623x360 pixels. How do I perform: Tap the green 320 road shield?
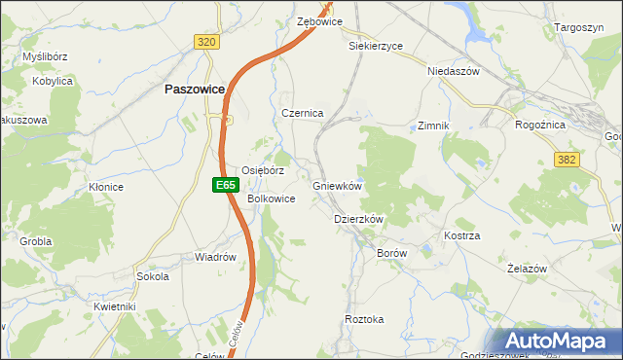(205, 42)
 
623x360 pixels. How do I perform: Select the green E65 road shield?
(225, 184)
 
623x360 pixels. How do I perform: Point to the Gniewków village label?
(338, 186)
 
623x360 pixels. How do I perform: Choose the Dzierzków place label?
(359, 220)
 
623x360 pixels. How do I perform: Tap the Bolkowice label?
(272, 198)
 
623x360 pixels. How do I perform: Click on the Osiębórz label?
(263, 169)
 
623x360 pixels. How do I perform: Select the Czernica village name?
(302, 113)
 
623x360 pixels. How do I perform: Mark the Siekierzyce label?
(376, 45)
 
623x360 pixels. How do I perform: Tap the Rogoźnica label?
(543, 124)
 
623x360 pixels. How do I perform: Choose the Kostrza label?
(462, 236)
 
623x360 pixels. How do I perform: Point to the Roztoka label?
(365, 319)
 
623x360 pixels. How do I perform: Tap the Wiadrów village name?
(216, 258)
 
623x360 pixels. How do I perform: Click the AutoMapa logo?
(561, 342)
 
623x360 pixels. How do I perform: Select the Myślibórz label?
(44, 56)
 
